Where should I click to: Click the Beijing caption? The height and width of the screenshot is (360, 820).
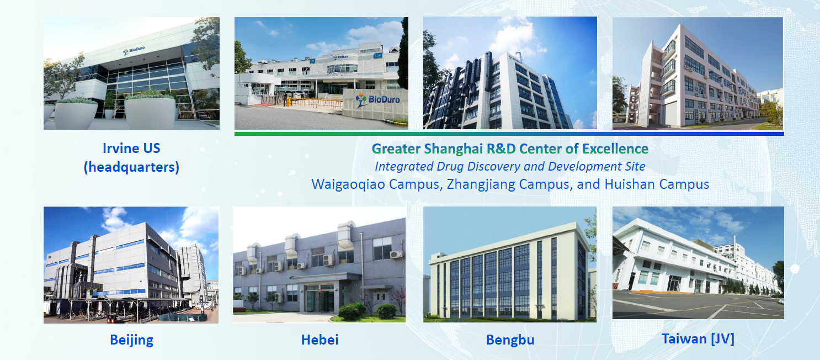[x=131, y=340]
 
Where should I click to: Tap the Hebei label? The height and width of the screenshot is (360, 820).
[x=320, y=340]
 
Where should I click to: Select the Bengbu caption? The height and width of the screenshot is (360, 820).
[x=510, y=340]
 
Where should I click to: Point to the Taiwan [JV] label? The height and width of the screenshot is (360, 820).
[x=697, y=339]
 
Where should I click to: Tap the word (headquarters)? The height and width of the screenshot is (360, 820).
[x=131, y=167]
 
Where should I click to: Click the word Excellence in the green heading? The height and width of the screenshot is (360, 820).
[x=615, y=149]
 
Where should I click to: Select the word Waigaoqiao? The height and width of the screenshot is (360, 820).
[x=348, y=184]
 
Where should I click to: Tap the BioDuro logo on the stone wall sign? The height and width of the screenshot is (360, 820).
[x=377, y=99]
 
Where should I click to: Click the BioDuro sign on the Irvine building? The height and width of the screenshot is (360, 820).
[x=134, y=50]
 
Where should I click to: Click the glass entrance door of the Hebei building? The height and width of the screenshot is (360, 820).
[x=319, y=299]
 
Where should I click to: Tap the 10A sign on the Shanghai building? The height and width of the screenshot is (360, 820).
[x=377, y=56]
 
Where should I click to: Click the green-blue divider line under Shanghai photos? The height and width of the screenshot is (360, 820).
[x=509, y=134]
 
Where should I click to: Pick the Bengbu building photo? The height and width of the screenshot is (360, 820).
[x=510, y=264]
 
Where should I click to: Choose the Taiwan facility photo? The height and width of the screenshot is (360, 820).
[x=698, y=263]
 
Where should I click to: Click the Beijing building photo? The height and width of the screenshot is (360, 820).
[x=131, y=265]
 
